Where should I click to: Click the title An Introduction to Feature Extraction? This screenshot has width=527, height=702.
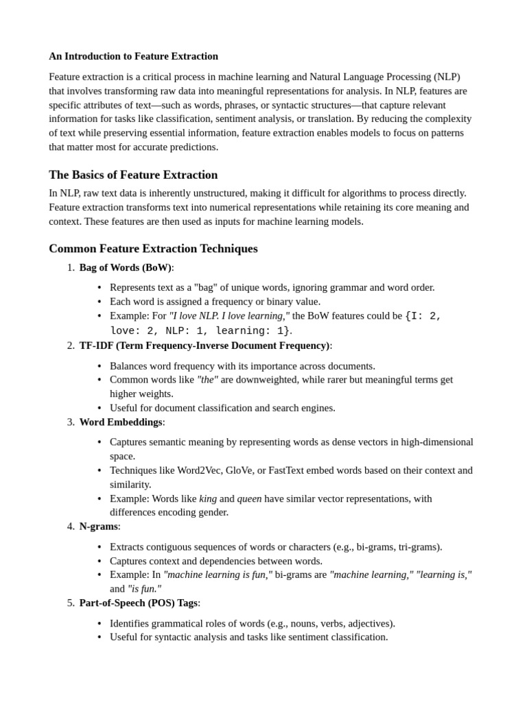point(133,56)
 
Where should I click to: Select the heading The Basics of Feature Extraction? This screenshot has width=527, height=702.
point(133,175)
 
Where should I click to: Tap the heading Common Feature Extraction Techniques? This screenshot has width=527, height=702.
point(153,249)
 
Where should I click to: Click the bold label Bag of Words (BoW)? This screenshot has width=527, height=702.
point(125,267)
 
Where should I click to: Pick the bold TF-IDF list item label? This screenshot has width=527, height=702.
point(204,346)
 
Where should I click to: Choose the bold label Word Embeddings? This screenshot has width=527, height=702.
point(121,422)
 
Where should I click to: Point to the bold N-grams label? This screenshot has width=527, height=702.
point(98,526)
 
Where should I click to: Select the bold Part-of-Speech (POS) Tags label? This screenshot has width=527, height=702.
point(138,603)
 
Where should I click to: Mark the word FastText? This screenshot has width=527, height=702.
point(291,470)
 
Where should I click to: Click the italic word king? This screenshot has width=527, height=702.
point(208,498)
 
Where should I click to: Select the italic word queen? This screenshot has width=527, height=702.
point(249,498)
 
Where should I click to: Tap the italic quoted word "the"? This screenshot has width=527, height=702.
point(207,380)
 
